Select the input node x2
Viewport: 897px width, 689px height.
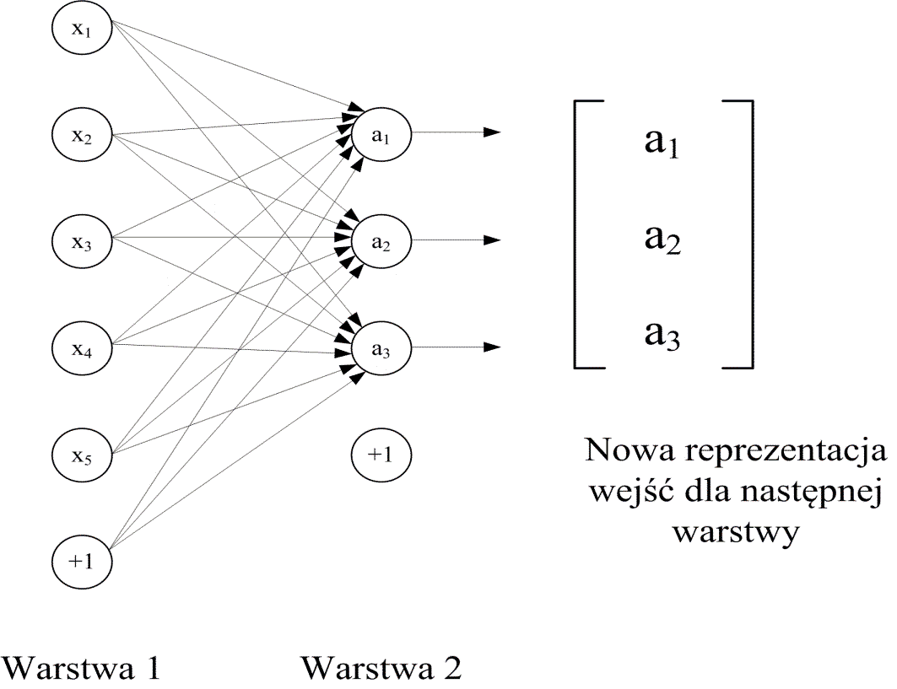81,136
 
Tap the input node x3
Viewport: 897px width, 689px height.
81,241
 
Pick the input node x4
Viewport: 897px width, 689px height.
81,347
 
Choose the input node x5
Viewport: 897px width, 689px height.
81,454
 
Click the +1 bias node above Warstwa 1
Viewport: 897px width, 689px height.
81,560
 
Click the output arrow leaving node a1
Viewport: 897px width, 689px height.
456,132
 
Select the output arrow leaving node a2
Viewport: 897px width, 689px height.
456,240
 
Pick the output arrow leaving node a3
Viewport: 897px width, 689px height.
456,347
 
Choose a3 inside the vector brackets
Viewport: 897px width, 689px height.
662,336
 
